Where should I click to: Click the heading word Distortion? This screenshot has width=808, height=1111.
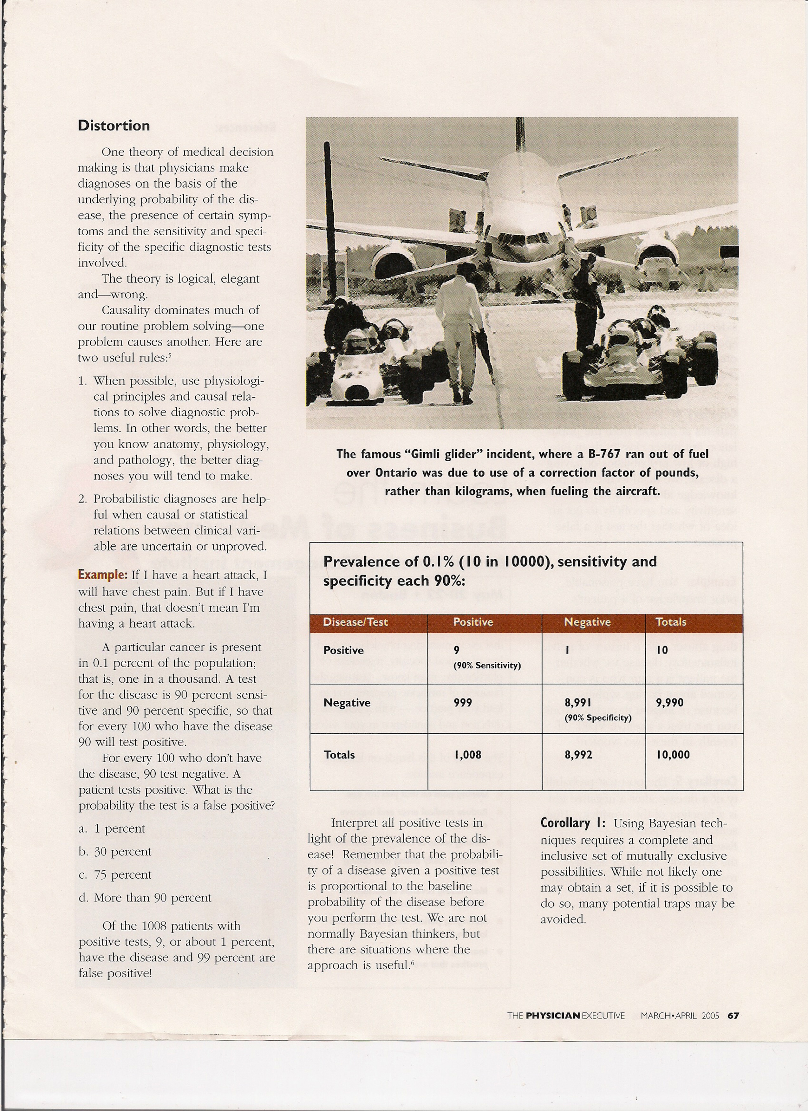(114, 126)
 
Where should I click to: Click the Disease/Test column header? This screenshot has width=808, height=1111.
(355, 622)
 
